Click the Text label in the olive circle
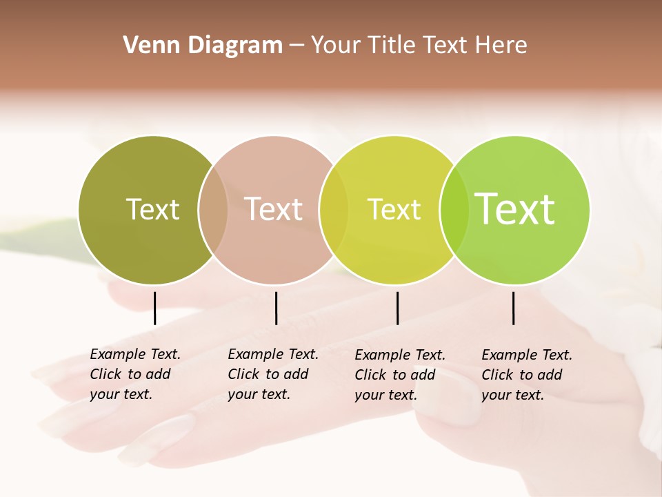tap(152, 209)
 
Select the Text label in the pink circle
tap(273, 209)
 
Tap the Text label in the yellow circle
tap(394, 209)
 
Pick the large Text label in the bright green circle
tap(515, 208)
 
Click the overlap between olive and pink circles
tap(213, 210)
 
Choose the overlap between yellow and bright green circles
tap(454, 210)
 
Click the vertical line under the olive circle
tap(154, 308)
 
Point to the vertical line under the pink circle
tap(276, 308)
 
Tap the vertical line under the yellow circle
tap(397, 308)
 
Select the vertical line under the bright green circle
tap(513, 308)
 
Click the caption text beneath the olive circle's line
tap(134, 374)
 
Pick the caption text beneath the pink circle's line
tap(272, 374)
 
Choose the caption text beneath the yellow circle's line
tap(399, 375)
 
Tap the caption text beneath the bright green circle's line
tap(526, 375)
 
